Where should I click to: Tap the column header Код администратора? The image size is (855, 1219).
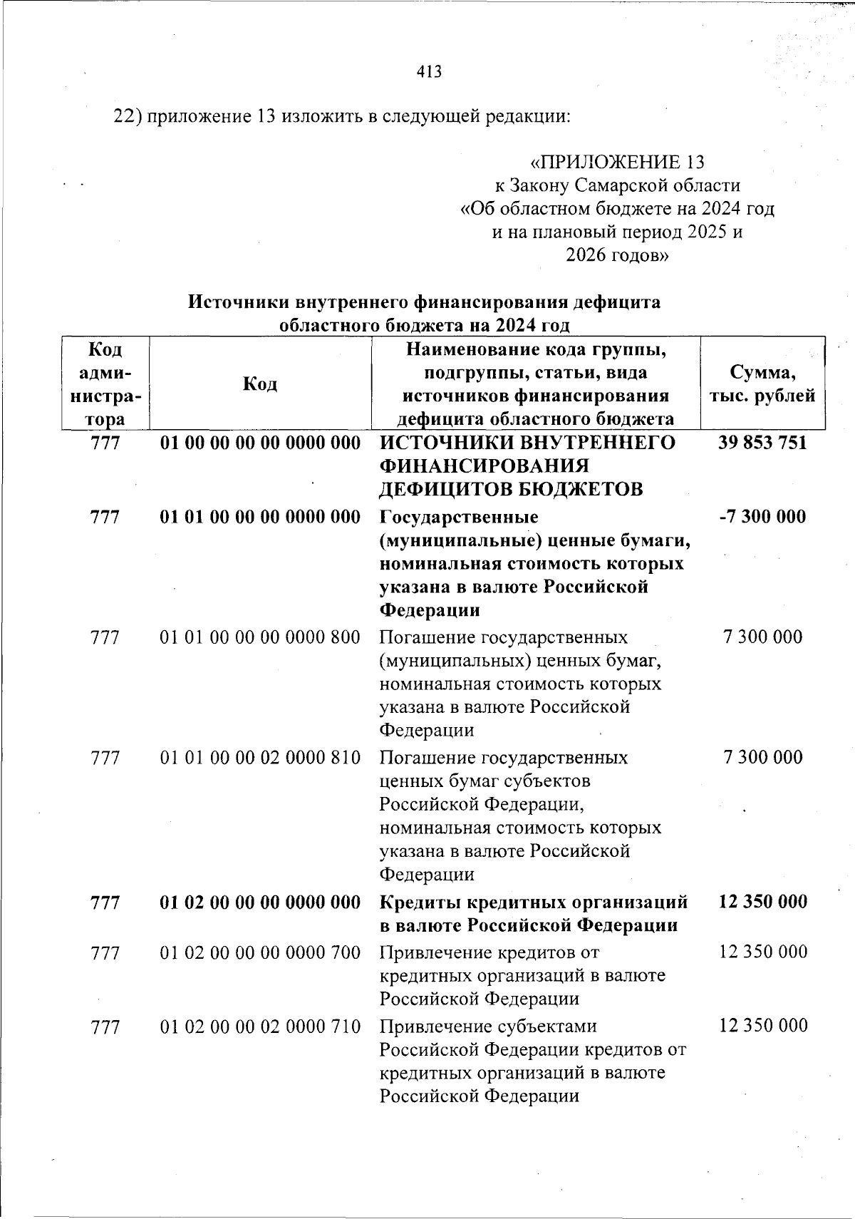105,384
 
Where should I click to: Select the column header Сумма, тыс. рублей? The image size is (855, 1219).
762,384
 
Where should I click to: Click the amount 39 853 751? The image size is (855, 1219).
762,443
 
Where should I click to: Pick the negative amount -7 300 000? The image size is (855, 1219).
762,516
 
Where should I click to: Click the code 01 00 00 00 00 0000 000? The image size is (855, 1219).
260,443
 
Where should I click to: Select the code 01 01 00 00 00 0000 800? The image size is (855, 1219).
260,637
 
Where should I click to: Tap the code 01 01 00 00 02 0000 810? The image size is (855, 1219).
260,757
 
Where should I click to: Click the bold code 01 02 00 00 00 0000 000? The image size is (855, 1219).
260,902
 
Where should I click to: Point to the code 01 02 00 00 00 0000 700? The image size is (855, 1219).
260,952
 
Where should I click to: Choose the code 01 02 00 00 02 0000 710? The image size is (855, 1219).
260,1027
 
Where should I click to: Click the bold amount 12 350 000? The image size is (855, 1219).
763,902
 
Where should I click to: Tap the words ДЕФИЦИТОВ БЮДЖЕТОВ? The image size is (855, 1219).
511,490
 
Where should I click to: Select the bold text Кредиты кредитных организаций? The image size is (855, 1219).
534,902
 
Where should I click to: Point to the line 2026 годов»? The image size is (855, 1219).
617,254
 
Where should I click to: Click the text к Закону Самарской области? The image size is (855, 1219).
617,186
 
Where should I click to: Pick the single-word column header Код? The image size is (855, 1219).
260,384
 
